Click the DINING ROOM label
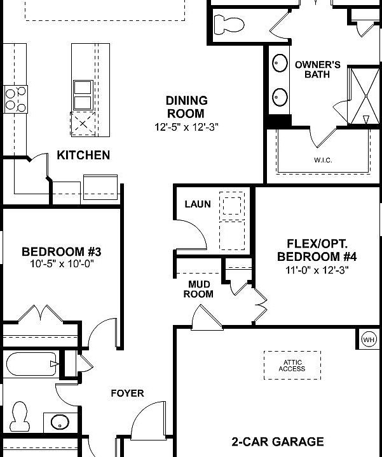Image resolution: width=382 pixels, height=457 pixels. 186,107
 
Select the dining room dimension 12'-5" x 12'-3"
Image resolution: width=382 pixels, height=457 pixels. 186,126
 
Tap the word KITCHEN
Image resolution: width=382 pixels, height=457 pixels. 83,155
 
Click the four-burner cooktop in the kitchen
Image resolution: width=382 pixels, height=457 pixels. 15,98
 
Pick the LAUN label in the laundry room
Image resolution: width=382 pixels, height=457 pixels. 197,204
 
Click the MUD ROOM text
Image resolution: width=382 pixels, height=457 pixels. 198,289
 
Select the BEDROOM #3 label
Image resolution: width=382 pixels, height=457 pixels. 61,251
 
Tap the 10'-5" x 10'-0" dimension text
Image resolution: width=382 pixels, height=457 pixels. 62,264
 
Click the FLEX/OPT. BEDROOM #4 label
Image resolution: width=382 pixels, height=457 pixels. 313,250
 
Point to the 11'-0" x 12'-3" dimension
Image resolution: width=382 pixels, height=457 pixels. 313,269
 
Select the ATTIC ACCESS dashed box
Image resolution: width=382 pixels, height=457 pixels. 292,366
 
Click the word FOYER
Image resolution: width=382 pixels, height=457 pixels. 127,393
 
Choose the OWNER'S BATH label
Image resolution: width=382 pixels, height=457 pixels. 317,70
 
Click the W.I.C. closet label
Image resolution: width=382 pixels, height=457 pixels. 323,160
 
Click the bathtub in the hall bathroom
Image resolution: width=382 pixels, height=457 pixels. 31,366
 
